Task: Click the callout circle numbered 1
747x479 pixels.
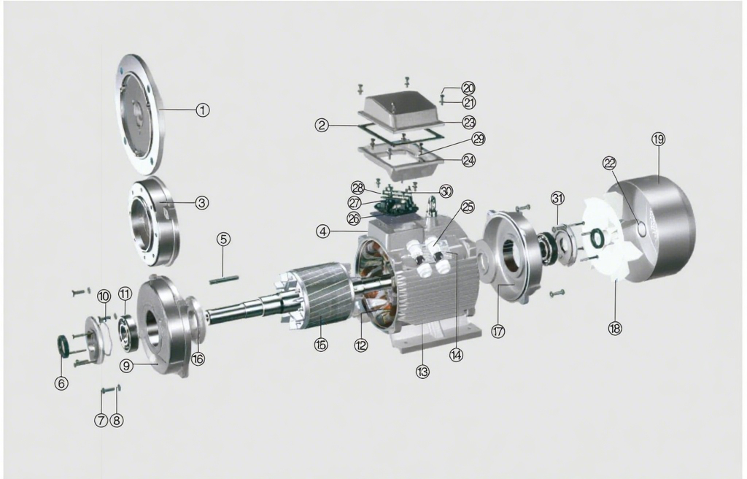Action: click(x=202, y=110)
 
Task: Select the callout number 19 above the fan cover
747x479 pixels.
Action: click(x=658, y=139)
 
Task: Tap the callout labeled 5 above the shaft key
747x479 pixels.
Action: click(x=223, y=239)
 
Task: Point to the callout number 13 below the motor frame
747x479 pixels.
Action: click(x=422, y=371)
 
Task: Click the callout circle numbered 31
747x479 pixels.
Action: click(x=557, y=199)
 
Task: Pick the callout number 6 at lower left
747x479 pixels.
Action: click(x=61, y=383)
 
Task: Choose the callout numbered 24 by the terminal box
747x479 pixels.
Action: click(x=468, y=160)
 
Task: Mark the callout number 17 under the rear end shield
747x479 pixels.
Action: click(x=498, y=331)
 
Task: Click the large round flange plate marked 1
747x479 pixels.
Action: click(x=140, y=113)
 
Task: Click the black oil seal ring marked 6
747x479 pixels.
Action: click(x=63, y=345)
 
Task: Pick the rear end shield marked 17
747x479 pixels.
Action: click(x=511, y=256)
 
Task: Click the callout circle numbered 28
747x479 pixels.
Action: click(x=357, y=188)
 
